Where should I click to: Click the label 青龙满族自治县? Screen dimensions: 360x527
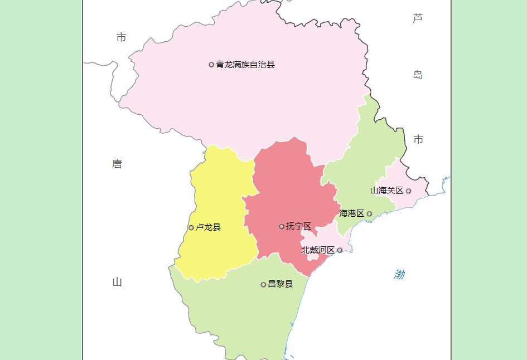(245, 65)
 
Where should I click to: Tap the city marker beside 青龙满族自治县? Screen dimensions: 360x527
(211, 65)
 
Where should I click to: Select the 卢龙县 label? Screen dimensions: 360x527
(208, 227)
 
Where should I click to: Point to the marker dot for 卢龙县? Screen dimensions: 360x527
(191, 227)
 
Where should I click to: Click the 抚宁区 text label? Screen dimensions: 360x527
(298, 226)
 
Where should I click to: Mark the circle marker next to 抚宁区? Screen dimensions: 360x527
(282, 226)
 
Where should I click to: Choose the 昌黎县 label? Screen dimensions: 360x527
(280, 284)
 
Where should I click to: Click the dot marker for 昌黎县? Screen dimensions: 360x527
(263, 285)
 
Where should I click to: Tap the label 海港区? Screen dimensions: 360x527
(352, 213)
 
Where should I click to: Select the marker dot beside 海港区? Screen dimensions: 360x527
(369, 213)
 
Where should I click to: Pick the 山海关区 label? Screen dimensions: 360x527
(386, 191)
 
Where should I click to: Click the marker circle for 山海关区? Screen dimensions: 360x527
(408, 191)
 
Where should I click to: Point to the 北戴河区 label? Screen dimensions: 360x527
(318, 250)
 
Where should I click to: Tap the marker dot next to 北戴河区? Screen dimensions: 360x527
(340, 250)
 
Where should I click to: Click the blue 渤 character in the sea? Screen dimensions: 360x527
(399, 275)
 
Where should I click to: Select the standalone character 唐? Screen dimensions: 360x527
(117, 164)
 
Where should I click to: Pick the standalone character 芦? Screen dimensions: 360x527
(418, 18)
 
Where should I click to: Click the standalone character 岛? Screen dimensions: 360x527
(418, 75)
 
